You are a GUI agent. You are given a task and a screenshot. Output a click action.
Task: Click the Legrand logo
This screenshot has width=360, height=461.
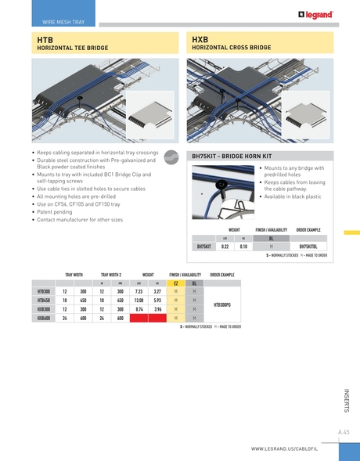[315, 14]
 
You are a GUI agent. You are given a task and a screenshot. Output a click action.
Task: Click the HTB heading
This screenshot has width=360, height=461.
[45, 38]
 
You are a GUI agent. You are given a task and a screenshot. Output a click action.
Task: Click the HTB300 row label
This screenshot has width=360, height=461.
[44, 291]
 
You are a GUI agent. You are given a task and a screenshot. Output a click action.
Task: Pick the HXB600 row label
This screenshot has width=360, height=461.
[44, 318]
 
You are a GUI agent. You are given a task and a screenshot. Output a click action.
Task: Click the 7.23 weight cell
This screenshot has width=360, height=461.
[139, 291]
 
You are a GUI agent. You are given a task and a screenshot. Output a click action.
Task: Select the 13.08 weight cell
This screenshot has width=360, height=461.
[139, 300]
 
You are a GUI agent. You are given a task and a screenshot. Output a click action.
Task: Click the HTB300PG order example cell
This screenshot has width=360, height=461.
[222, 304]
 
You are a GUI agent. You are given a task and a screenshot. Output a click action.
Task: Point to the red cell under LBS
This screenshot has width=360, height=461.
[139, 318]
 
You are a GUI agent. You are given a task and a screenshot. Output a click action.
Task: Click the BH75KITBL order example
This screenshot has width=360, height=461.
[308, 246]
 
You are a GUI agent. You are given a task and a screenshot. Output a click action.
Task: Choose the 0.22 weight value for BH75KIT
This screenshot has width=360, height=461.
[225, 246]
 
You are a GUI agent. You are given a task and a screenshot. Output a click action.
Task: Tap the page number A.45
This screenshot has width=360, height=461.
[343, 431]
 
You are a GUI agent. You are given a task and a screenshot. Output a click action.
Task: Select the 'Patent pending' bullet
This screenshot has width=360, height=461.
[56, 212]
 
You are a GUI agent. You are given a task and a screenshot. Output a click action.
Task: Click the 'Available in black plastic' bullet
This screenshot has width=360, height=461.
[293, 196]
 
